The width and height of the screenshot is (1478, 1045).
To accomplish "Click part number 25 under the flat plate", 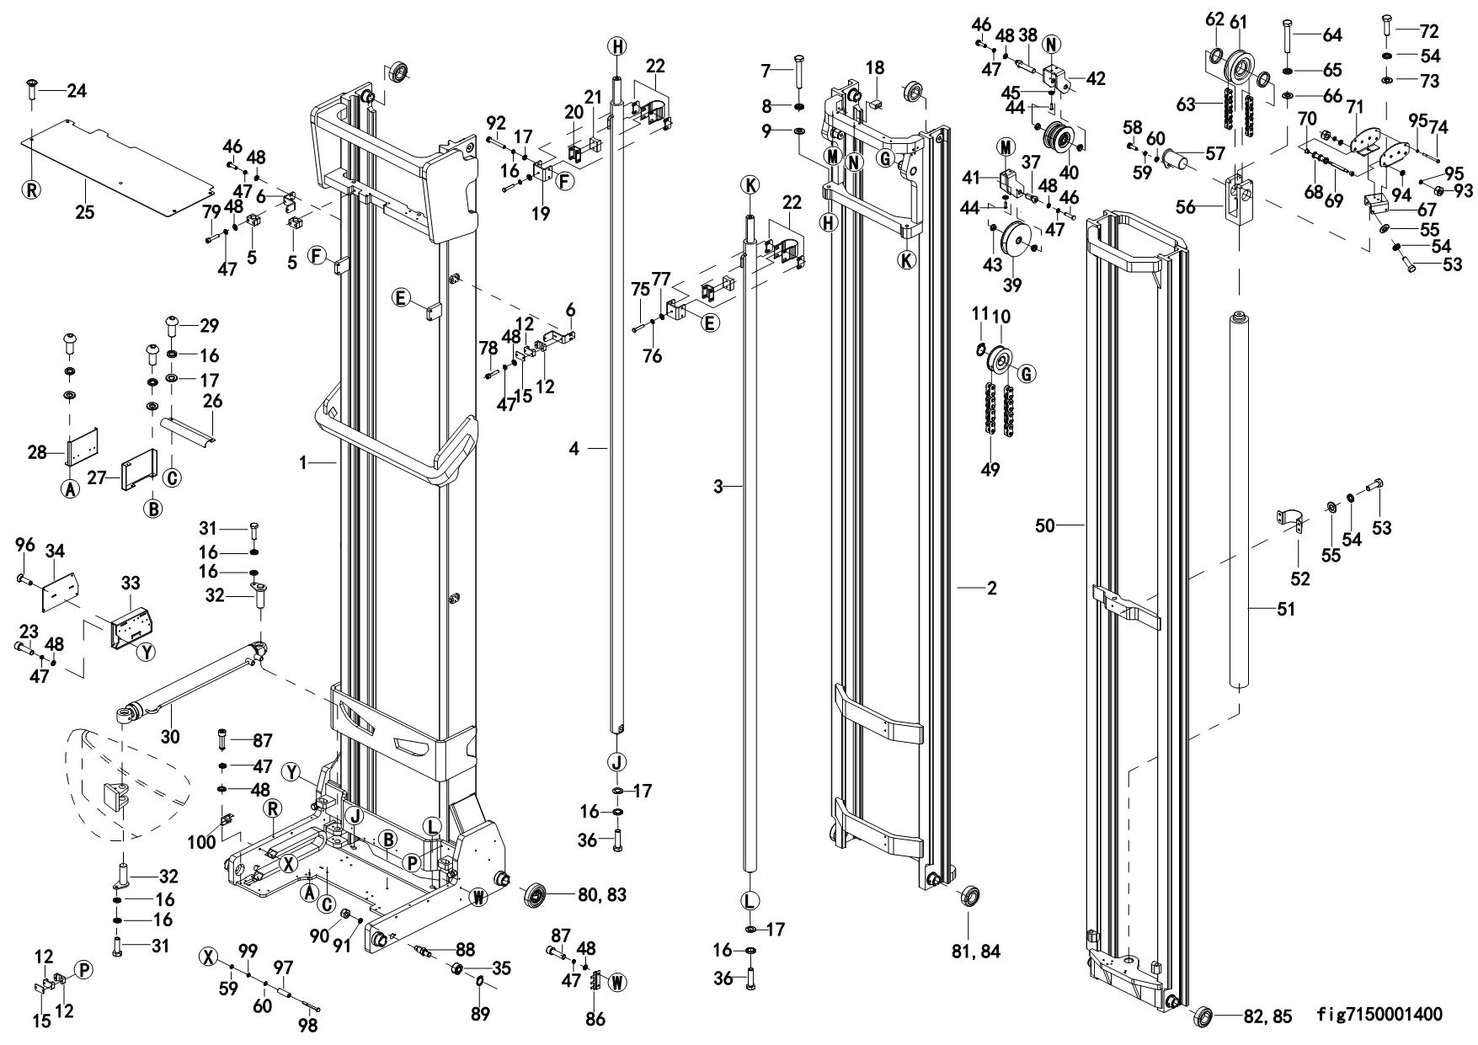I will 84,211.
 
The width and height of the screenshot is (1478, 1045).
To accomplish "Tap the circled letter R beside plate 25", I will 32,189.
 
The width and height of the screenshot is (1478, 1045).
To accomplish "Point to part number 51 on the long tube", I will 1285,609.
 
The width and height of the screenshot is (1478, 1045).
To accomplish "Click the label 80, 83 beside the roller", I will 601,894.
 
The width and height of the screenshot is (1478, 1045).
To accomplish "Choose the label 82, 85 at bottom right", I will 1268,1016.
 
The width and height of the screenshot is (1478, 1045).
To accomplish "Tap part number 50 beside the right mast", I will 1045,526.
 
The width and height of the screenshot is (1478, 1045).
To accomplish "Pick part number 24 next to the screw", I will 77,90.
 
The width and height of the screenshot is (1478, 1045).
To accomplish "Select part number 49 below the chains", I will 990,469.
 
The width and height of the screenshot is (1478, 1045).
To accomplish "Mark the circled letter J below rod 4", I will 616,763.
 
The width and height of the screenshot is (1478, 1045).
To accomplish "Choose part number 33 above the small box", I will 131,583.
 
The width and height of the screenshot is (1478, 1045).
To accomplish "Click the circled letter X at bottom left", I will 209,957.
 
